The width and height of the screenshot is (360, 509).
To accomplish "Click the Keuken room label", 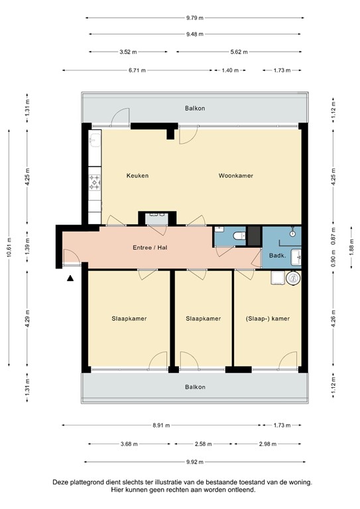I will click(x=137, y=176).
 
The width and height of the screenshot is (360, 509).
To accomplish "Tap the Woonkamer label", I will click(x=236, y=176).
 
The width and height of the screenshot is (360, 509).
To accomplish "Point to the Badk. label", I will click(x=276, y=254).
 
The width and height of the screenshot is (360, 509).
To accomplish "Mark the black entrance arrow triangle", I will click(x=70, y=280).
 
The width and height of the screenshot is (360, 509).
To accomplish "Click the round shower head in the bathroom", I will click(x=292, y=234).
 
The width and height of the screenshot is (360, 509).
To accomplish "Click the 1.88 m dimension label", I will click(x=351, y=246).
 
